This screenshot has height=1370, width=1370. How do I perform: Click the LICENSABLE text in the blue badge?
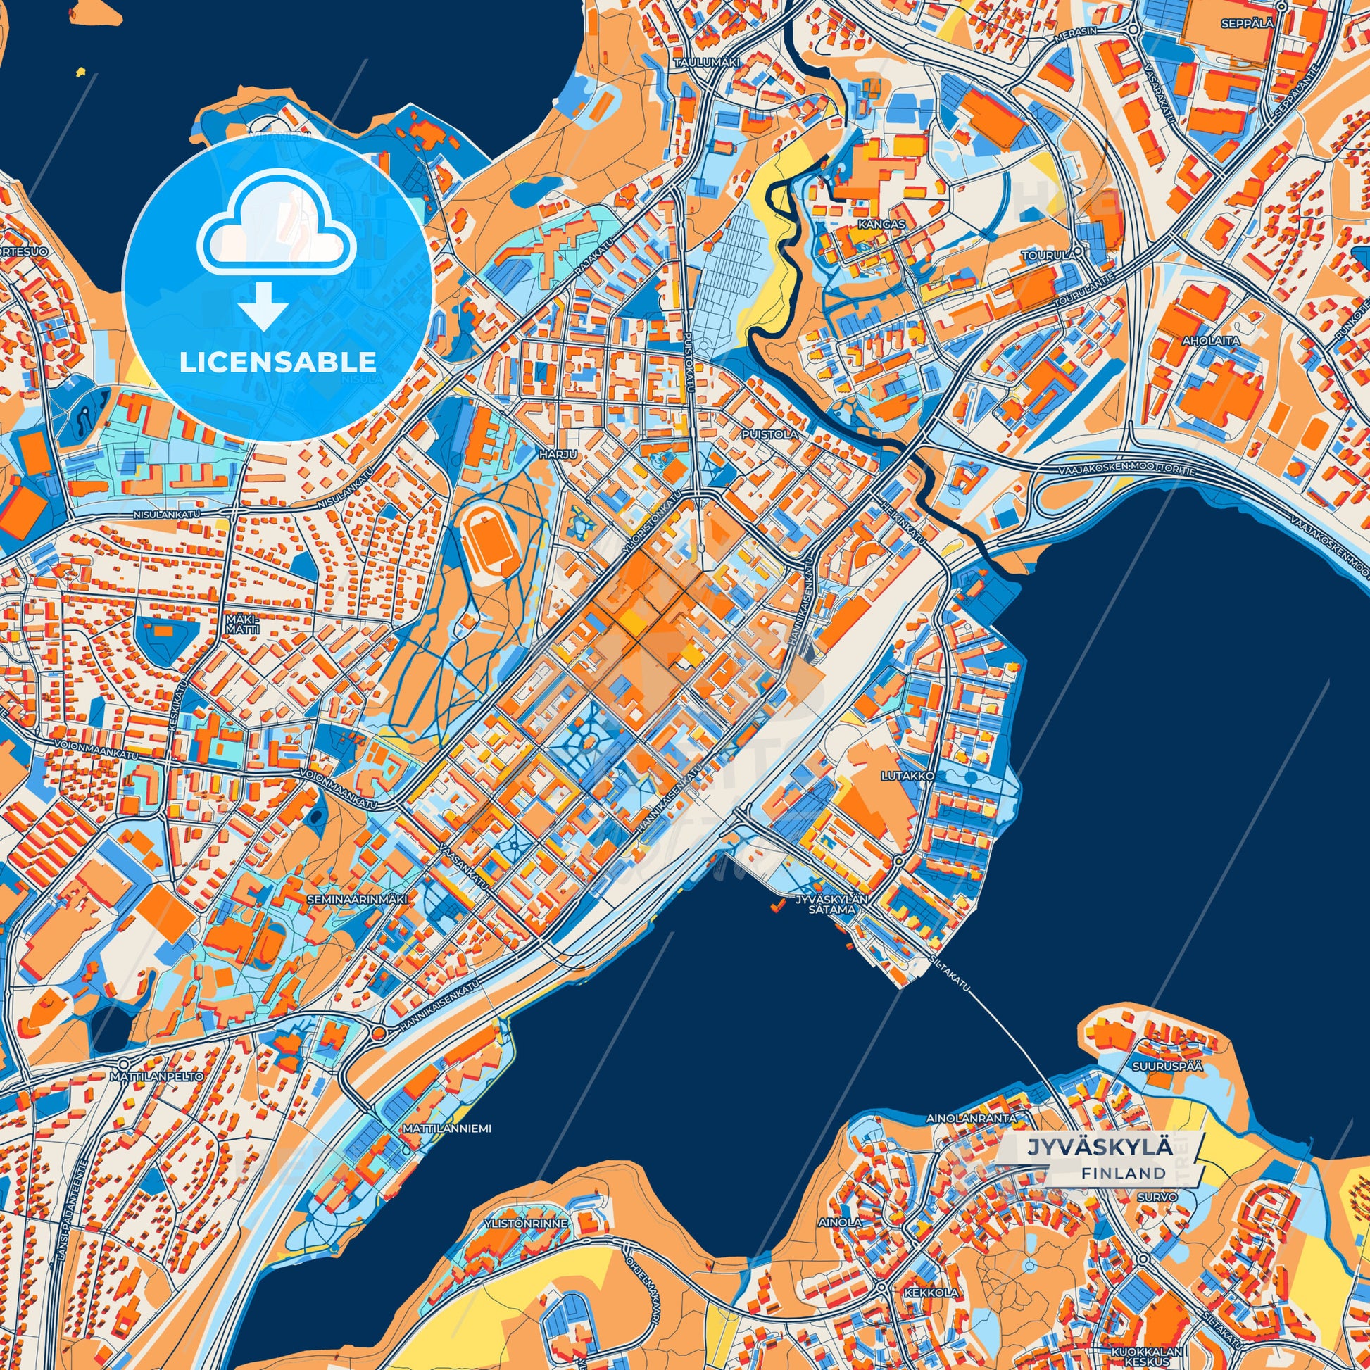coord(277,363)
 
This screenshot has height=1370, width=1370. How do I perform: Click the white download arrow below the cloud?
coord(263,304)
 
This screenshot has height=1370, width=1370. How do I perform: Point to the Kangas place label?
coord(881,224)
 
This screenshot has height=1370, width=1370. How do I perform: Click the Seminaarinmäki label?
coord(358,899)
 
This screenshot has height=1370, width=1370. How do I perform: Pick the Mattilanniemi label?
coord(447,1128)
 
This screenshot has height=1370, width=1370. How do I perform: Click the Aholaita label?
coord(1210,340)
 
